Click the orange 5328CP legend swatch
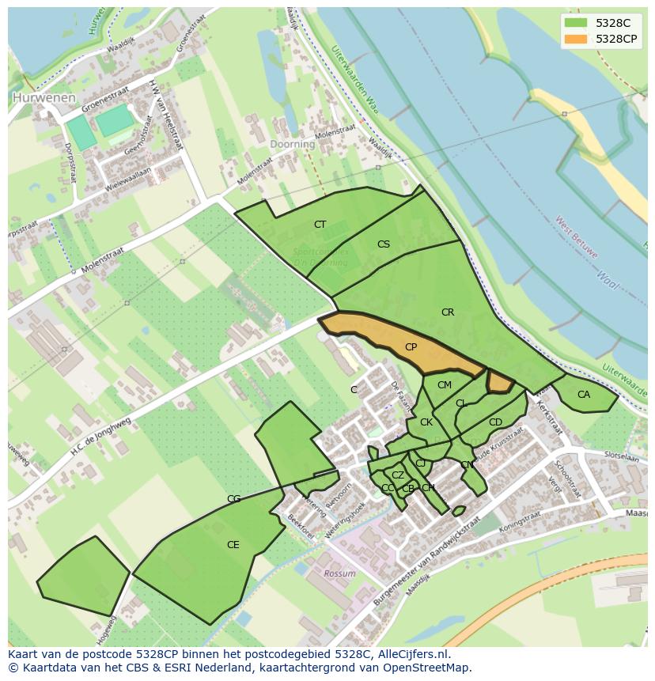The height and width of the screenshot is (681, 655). pos(576,39)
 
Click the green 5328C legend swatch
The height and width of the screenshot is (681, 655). pos(576,23)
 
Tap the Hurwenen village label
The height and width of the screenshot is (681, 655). pos(44,98)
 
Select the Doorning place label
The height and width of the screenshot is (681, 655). pos(292,145)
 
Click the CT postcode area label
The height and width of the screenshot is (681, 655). pos(320,225)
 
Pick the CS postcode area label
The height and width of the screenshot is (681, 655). pos(384,244)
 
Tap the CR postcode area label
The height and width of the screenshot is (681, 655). pos(448,312)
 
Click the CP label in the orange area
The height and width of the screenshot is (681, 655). pos(411,347)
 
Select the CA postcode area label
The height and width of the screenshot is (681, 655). pos(584,395)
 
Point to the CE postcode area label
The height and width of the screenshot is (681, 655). pos(233,545)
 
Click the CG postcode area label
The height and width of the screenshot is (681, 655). pos(233,499)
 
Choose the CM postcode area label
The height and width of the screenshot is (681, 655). pos(445,385)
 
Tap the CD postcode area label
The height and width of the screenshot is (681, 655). pos(495,422)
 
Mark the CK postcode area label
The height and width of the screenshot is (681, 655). pos(426,422)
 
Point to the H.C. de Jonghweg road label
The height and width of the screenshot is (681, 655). pos(99,436)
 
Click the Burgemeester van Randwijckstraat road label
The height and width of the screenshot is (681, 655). pos(427,557)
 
